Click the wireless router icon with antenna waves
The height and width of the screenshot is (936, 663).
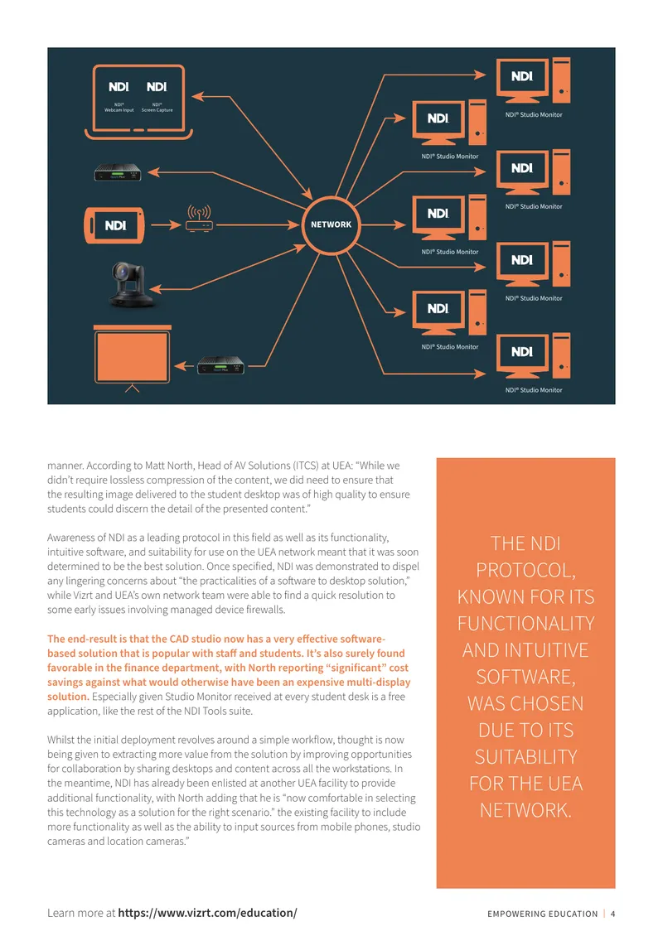pyautogui.click(x=199, y=219)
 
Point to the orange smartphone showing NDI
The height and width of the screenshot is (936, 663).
pyautogui.click(x=114, y=225)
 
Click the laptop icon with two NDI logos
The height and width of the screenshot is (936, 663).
pyautogui.click(x=138, y=102)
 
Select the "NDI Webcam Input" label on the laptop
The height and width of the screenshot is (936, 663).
pyautogui.click(x=119, y=108)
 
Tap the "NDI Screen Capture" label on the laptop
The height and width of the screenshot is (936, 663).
pyautogui.click(x=157, y=108)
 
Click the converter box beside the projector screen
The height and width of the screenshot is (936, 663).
pyautogui.click(x=220, y=365)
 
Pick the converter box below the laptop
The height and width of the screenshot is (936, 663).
pyautogui.click(x=118, y=172)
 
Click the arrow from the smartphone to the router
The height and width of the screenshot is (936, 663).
pyautogui.click(x=166, y=225)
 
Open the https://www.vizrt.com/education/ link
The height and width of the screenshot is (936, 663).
pyautogui.click(x=207, y=913)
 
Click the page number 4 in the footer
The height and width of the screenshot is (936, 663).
pyautogui.click(x=612, y=914)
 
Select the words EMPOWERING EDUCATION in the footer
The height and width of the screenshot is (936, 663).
pyautogui.click(x=542, y=914)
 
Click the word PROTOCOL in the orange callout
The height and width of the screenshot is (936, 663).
pyautogui.click(x=525, y=571)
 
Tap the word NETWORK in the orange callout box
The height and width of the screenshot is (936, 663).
pyautogui.click(x=525, y=811)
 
